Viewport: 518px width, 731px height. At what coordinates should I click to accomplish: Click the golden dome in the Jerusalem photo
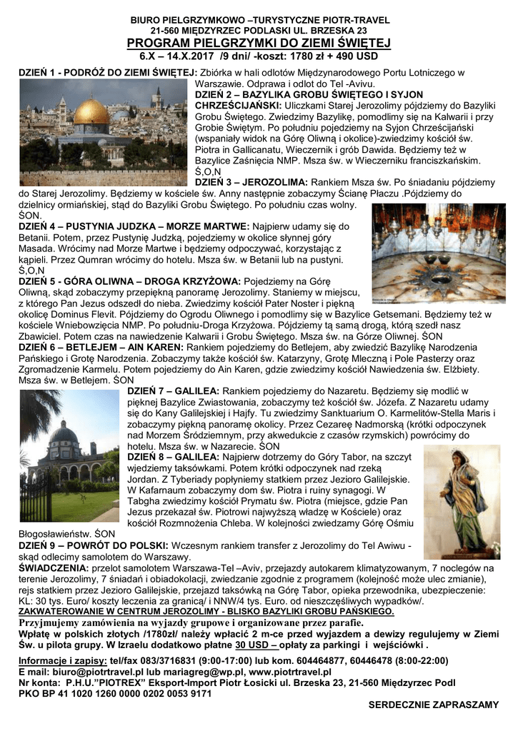coord(91,112)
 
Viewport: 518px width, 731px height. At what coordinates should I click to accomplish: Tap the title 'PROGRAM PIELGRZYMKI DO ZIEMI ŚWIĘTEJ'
coord(259,44)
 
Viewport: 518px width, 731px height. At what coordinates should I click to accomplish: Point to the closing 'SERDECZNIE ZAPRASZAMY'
coord(433,705)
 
